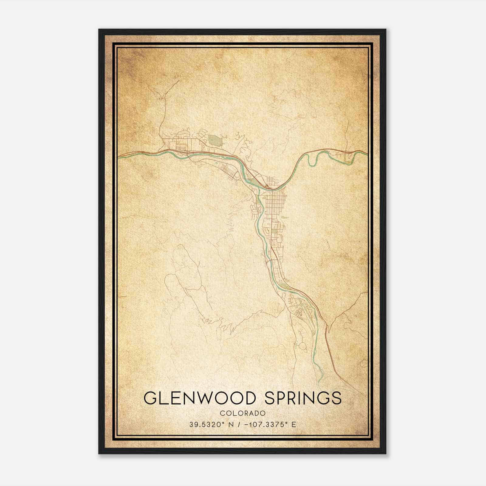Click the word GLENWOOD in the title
(x=199, y=398)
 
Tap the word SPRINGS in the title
(x=303, y=398)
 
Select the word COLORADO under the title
(x=243, y=413)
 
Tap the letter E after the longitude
(x=294, y=425)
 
